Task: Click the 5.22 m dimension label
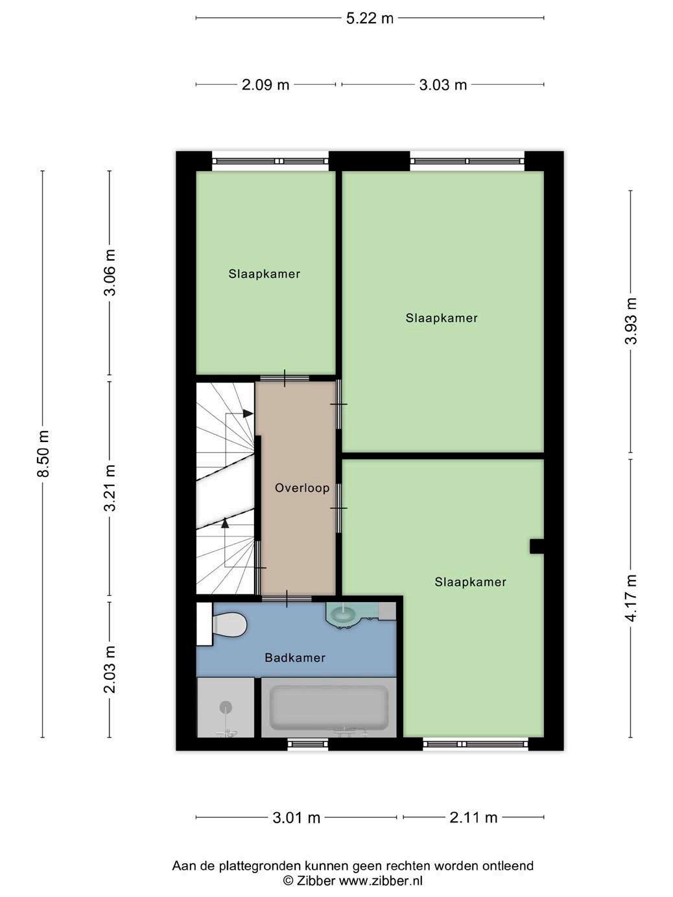click(x=370, y=18)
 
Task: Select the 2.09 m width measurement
click(x=265, y=85)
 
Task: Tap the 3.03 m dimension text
click(x=443, y=85)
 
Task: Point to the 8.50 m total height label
click(x=43, y=454)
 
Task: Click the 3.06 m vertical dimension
click(x=110, y=272)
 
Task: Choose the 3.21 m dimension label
click(x=110, y=488)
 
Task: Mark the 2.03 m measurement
click(x=110, y=670)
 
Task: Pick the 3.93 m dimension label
click(x=631, y=321)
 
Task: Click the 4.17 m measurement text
click(x=631, y=598)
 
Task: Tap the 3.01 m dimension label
click(x=296, y=818)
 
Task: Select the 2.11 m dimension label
click(x=473, y=818)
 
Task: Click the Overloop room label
click(x=302, y=488)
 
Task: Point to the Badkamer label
click(x=295, y=658)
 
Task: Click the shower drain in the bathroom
click(x=226, y=707)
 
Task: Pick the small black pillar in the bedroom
click(x=537, y=547)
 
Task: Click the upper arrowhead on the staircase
click(x=248, y=414)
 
